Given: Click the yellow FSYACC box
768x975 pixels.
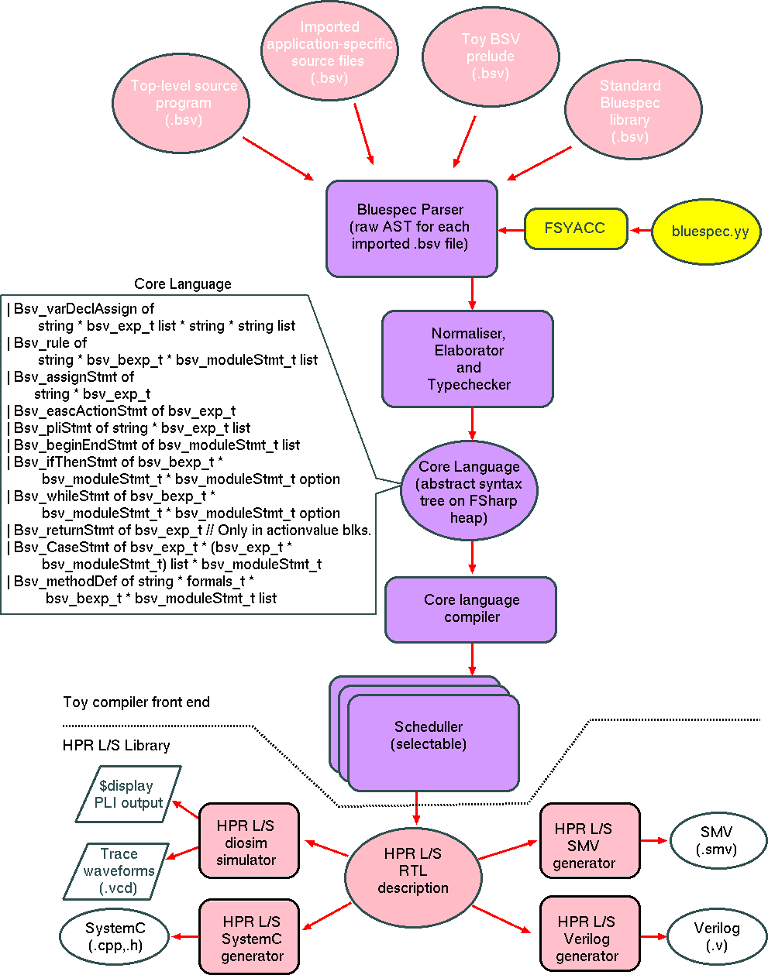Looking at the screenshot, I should [x=575, y=228].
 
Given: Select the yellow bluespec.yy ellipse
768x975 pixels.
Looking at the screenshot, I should [x=706, y=231].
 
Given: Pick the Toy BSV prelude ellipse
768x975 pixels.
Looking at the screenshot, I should [x=490, y=57].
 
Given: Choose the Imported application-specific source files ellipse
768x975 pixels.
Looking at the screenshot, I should [x=329, y=53].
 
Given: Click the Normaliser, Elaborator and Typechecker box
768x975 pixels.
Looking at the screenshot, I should [x=467, y=359].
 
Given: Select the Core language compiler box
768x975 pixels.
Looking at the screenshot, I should [x=470, y=609].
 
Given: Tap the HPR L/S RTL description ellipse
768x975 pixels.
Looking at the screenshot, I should [x=412, y=871].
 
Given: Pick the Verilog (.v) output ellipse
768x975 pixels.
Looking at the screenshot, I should [x=716, y=937].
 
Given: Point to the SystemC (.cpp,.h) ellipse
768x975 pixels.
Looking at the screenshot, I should [x=115, y=937].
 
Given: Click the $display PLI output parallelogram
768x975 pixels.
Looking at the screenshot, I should [x=129, y=795].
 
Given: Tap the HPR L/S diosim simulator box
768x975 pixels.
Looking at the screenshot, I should [x=248, y=842].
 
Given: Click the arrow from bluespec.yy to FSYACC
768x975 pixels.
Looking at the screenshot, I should [x=640, y=230].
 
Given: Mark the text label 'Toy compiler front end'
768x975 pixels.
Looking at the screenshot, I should [x=136, y=702].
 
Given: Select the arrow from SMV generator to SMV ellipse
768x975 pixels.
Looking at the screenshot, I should [x=654, y=840].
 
